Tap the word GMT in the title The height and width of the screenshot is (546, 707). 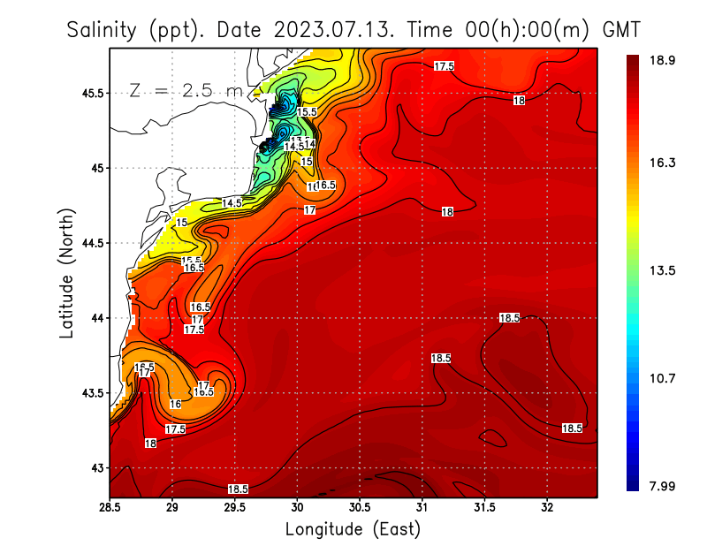pos(622,30)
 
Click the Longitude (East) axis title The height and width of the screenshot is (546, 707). pos(353,529)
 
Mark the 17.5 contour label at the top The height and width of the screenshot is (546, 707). pos(445,66)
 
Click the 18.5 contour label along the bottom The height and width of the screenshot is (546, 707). pos(238,489)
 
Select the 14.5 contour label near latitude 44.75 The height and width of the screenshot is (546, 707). pos(232,203)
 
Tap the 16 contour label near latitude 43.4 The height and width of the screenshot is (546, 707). pos(175,404)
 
